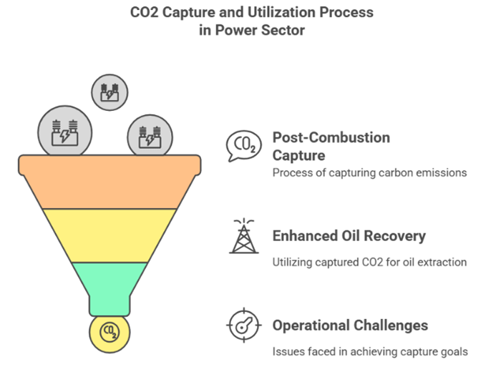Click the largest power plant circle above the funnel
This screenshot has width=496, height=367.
pyautogui.click(x=64, y=131)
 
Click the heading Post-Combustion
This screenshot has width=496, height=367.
pyautogui.click(x=331, y=137)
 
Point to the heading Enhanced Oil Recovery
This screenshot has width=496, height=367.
pyautogui.click(x=349, y=235)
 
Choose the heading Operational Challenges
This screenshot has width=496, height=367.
pyautogui.click(x=350, y=326)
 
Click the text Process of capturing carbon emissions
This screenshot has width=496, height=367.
pyautogui.click(x=369, y=172)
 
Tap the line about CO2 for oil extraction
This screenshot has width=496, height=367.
pyautogui.click(x=369, y=263)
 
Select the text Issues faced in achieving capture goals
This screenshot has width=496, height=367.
pyautogui.click(x=369, y=351)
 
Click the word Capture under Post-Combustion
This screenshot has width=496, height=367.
pyautogui.click(x=298, y=155)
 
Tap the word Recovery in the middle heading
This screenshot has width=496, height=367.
pyautogui.click(x=398, y=235)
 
